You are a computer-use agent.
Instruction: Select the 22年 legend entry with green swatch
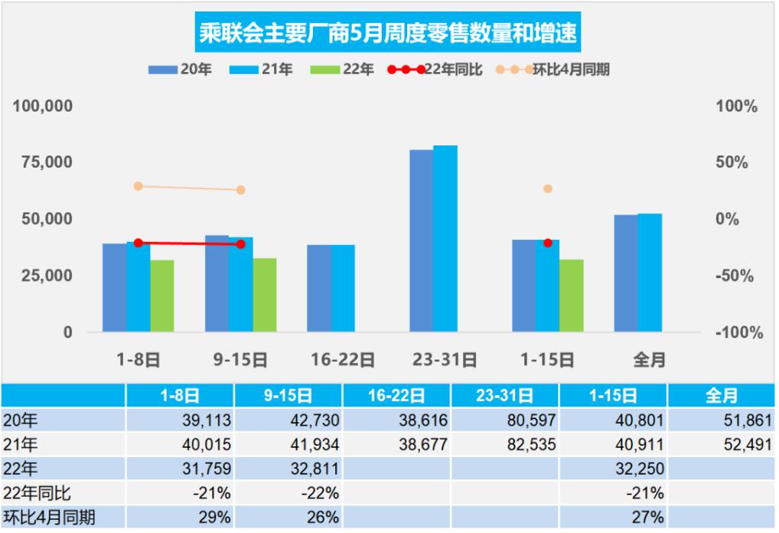343,70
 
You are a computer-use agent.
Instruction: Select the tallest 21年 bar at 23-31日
445,238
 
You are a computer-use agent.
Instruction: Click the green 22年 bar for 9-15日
265,295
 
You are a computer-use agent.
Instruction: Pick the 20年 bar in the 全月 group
626,273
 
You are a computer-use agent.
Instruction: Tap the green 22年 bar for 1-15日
572,296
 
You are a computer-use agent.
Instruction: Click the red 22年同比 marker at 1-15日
548,243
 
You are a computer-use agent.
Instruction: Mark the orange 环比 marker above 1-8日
139,186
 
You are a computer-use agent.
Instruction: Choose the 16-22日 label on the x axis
343,359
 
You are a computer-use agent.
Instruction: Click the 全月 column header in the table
721,395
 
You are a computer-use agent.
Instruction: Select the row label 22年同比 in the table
37,493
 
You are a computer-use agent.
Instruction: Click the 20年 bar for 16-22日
319,288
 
